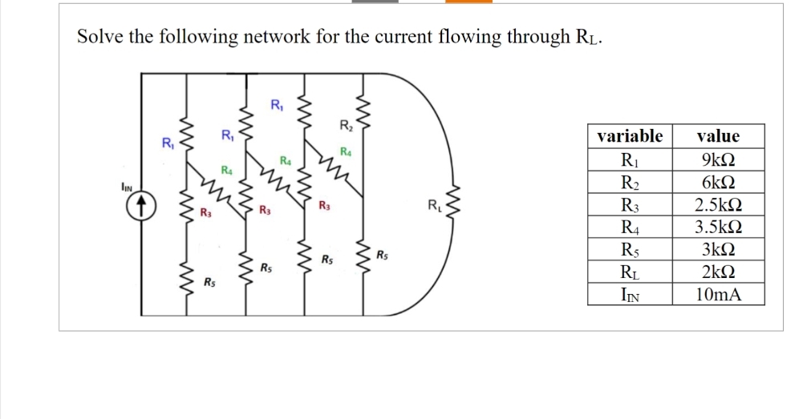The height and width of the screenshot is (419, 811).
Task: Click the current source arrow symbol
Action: click(x=141, y=206)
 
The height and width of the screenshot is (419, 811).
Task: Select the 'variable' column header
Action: click(x=630, y=136)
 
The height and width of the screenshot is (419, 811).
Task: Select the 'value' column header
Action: click(x=718, y=136)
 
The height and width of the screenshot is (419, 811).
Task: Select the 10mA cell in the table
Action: click(x=718, y=294)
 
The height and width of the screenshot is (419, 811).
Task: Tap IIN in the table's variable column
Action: click(x=630, y=295)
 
